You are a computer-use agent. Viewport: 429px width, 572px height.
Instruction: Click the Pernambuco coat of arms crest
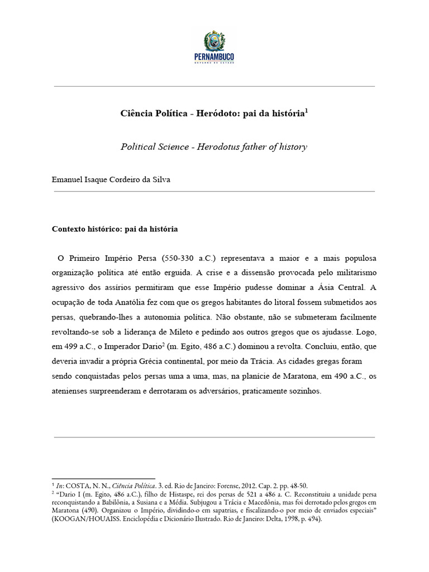click(x=214, y=41)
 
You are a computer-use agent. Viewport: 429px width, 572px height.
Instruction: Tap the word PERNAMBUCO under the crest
click(x=214, y=56)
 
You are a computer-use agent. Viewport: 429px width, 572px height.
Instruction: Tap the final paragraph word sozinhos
click(x=304, y=391)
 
